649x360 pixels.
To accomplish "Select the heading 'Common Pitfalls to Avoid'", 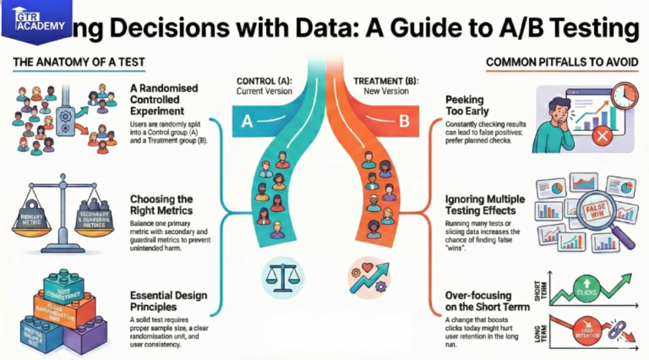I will pos(561,63).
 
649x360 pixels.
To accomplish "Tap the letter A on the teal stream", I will pos(248,122).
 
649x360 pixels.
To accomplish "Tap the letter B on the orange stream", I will pos(403,123).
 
